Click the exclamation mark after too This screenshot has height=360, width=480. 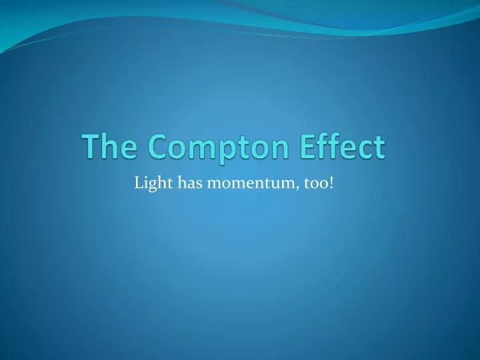pos(331,182)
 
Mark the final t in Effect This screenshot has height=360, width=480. pos(379,147)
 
